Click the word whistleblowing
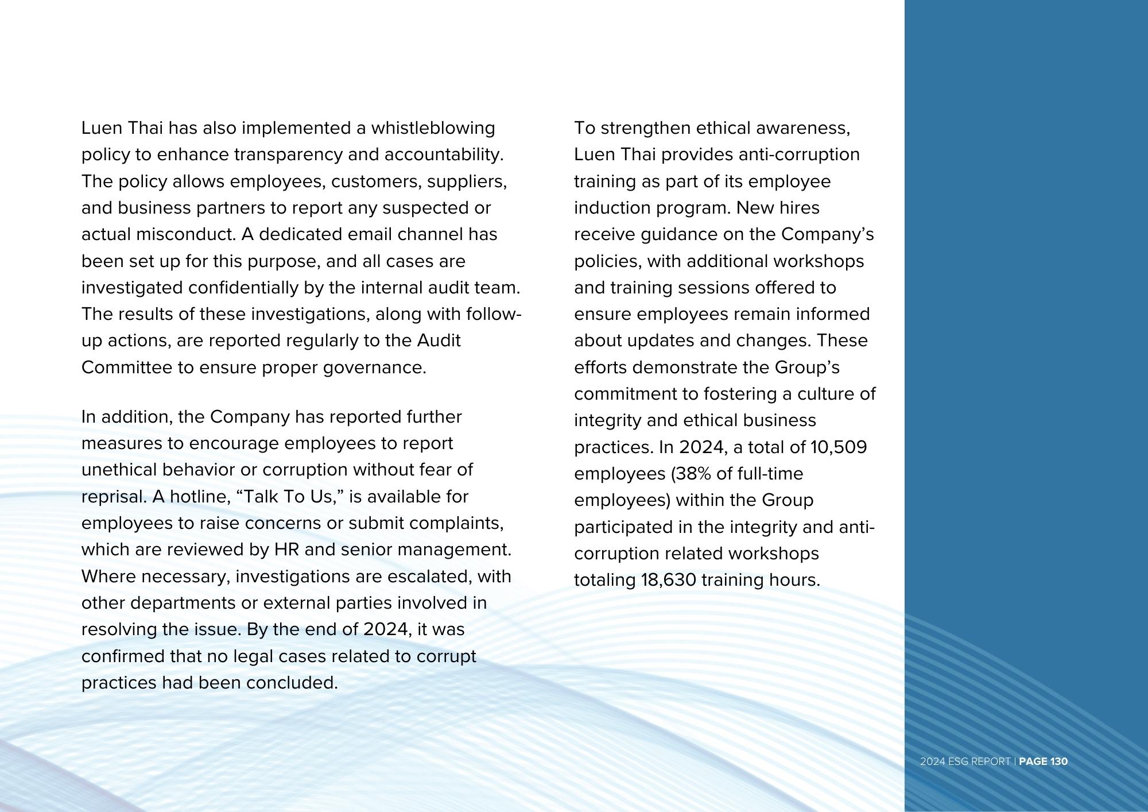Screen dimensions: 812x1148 click(433, 127)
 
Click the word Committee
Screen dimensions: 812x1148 click(127, 368)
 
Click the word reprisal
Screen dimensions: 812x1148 click(114, 497)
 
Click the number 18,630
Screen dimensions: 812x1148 click(668, 580)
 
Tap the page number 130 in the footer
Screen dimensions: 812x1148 click(1058, 761)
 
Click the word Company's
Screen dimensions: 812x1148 click(827, 234)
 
